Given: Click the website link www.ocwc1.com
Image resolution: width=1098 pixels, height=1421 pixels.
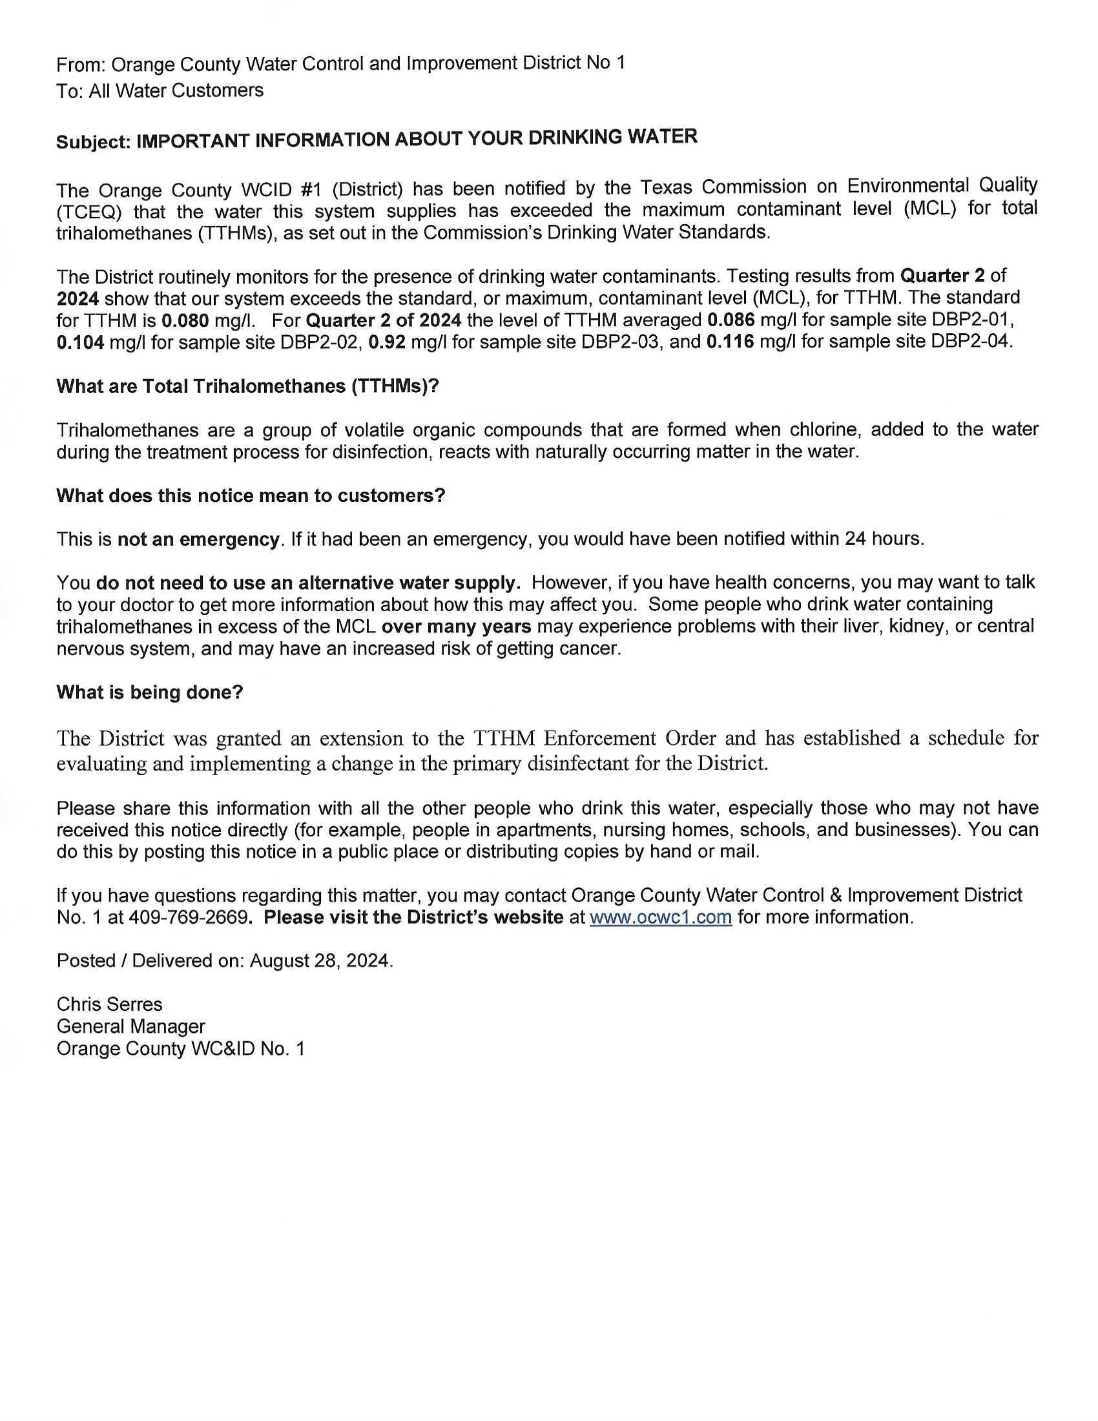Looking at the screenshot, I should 660,917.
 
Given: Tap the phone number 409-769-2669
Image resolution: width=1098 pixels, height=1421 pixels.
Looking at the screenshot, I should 189,917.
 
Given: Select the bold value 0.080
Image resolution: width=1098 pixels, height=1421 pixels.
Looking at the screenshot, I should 185,321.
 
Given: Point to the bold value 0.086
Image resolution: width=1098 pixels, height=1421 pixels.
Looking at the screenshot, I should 730,320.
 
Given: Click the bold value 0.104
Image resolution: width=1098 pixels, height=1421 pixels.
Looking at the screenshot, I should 80,342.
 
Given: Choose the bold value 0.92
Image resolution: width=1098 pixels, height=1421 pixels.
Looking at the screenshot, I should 387,342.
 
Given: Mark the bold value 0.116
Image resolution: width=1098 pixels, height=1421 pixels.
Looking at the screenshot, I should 730,342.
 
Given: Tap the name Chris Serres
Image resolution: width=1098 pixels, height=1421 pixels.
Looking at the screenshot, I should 109,1004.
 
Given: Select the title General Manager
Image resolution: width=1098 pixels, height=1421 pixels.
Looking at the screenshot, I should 130,1027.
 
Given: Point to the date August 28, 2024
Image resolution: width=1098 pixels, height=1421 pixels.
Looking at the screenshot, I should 321,961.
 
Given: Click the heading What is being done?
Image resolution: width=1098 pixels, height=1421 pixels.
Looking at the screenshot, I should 150,692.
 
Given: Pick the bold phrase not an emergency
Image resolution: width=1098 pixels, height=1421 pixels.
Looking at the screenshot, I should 198,539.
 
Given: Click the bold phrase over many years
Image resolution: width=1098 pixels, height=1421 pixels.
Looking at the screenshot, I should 456,627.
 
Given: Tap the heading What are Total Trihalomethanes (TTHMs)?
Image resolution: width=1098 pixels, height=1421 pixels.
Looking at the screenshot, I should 248,386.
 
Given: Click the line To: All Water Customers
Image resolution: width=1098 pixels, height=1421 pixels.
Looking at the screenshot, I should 160,91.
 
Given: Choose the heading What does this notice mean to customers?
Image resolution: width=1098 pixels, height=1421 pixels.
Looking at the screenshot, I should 251,496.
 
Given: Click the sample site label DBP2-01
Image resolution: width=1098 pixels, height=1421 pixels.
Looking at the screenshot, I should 972,320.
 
